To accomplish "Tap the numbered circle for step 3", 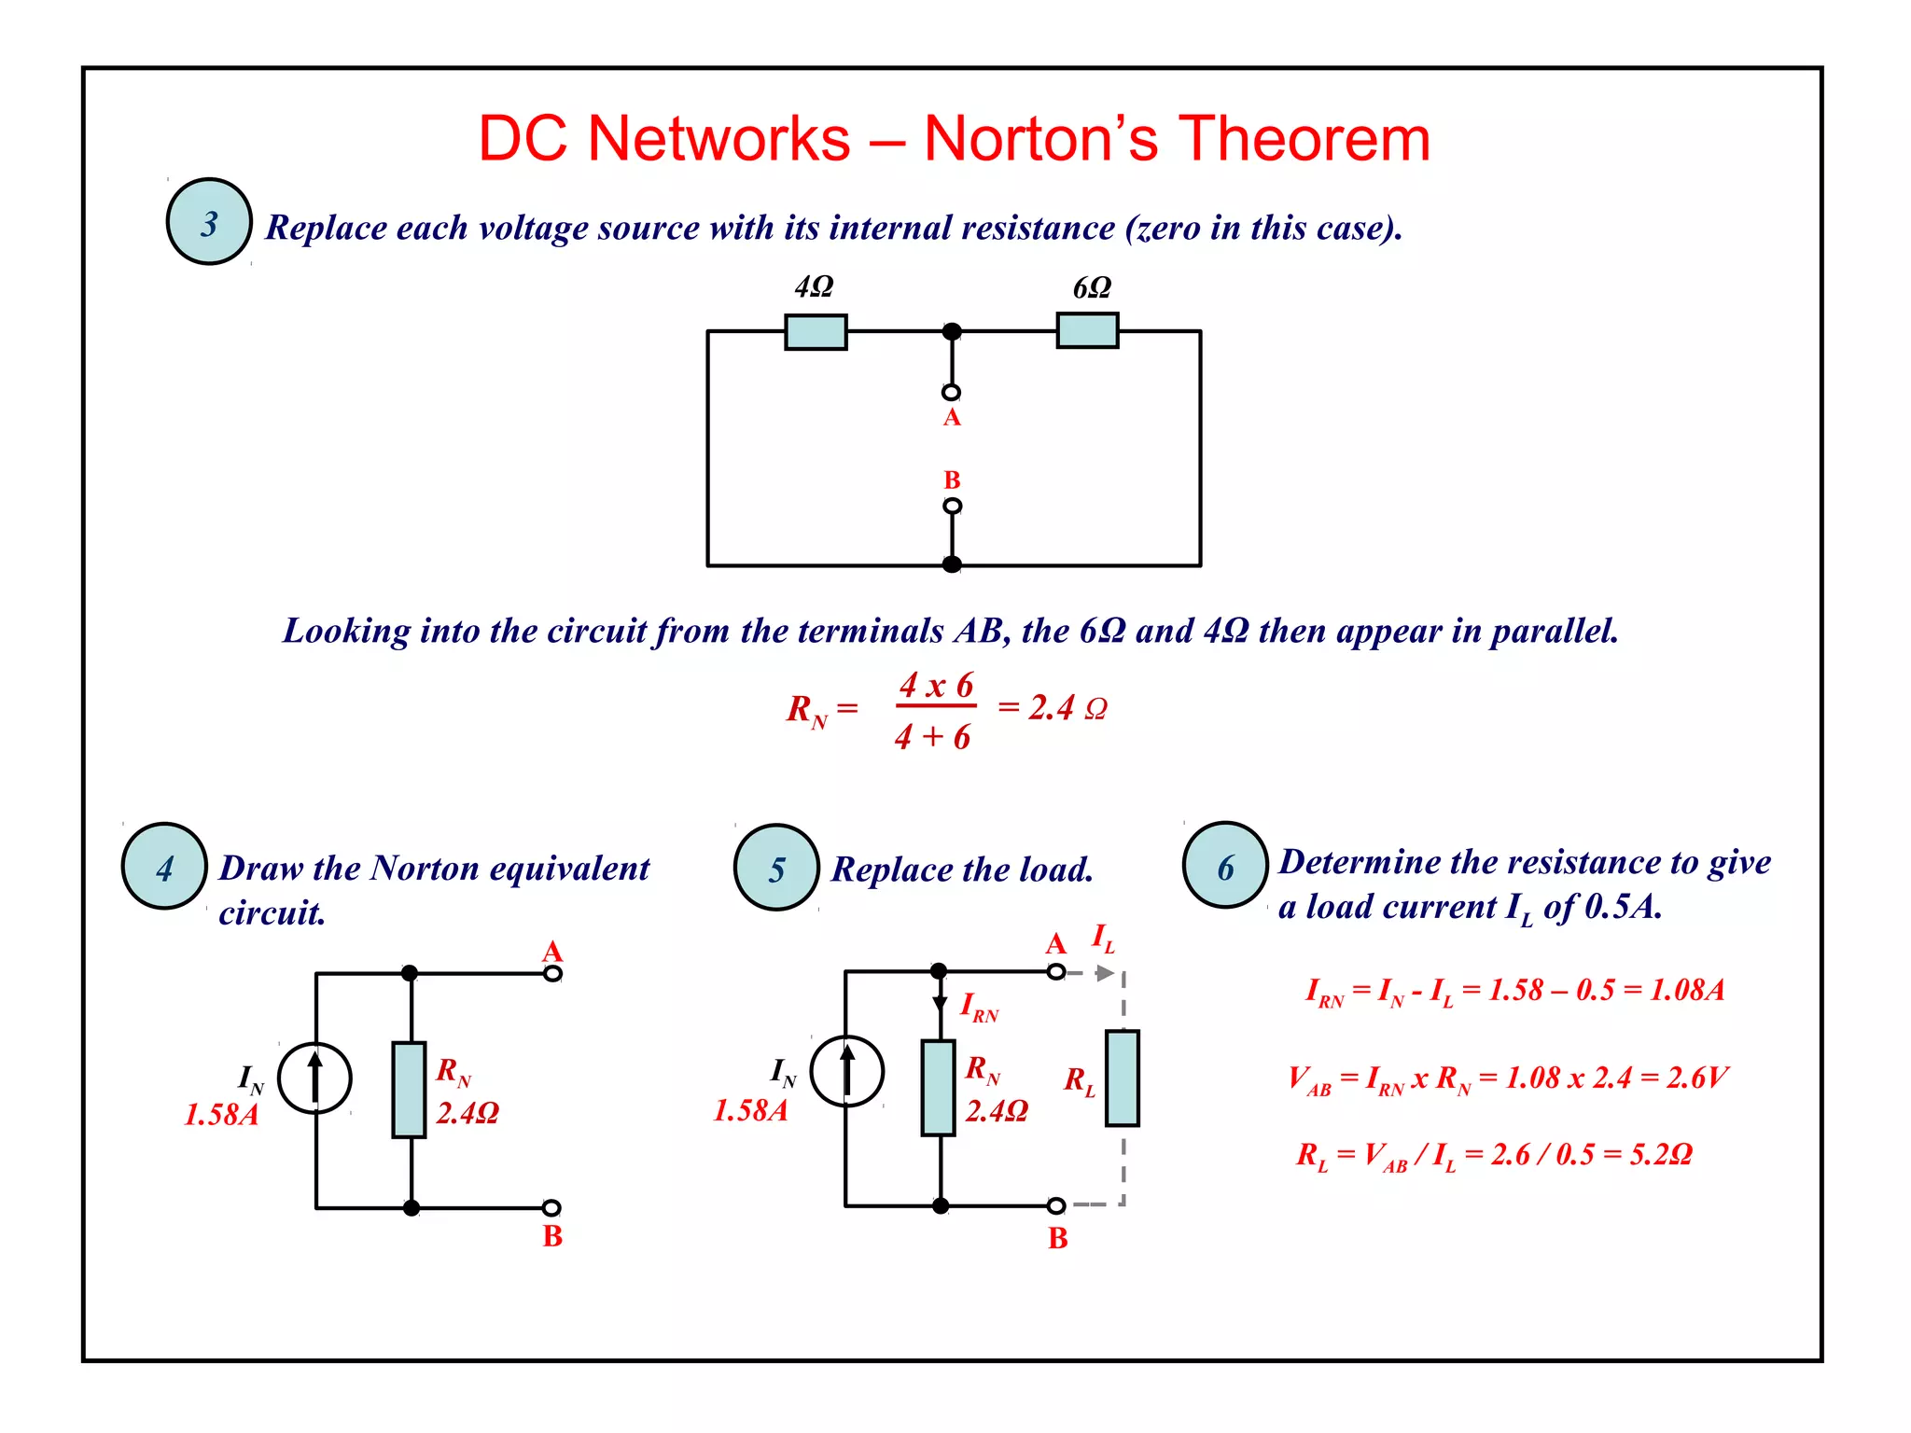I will point(209,222).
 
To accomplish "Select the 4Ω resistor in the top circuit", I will point(816,332).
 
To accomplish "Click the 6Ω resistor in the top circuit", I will point(1087,331).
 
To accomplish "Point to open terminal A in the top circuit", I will point(951,393).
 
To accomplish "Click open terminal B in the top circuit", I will point(952,506).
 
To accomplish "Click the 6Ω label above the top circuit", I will point(1092,288).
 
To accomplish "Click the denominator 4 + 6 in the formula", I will point(932,738).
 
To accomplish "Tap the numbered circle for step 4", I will point(164,867).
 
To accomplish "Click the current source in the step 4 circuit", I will point(315,1078).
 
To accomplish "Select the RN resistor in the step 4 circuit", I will point(409,1090).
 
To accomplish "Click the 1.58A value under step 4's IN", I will point(221,1115).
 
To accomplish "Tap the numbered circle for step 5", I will point(776,869).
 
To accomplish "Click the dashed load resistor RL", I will point(1122,1078).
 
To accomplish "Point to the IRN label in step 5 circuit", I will point(979,1008).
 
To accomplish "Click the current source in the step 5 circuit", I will point(846,1071).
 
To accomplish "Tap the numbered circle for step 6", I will point(1225,866).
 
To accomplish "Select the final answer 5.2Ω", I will point(1661,1155).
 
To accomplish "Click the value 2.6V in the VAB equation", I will point(1697,1078).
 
